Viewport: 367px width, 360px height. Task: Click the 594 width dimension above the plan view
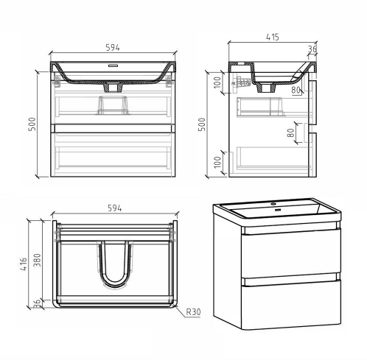[x=113, y=209]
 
